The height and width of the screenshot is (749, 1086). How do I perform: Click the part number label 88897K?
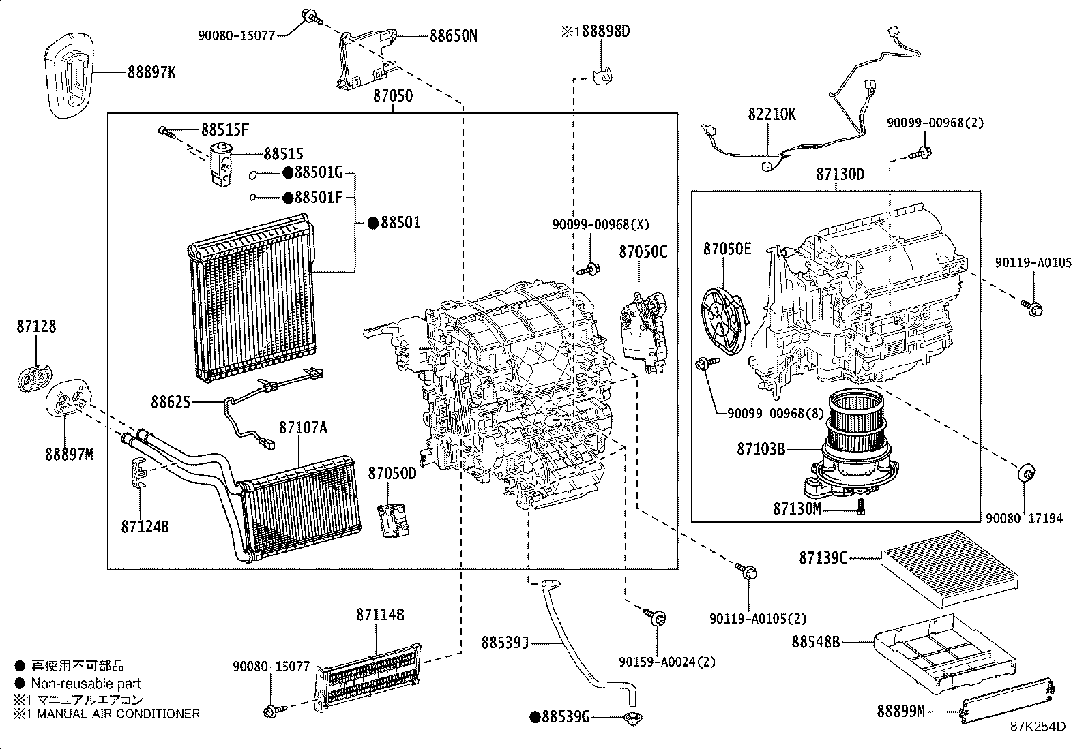click(151, 72)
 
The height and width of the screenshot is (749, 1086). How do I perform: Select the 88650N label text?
click(453, 35)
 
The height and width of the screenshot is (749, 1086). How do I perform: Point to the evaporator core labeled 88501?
click(252, 300)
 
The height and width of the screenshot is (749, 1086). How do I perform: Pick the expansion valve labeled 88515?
click(221, 164)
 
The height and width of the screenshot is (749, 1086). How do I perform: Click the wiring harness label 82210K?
click(771, 114)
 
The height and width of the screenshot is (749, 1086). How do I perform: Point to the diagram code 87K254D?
click(1038, 727)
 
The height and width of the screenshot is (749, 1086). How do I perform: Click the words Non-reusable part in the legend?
click(86, 684)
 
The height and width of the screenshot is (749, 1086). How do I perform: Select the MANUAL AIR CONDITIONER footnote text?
click(115, 714)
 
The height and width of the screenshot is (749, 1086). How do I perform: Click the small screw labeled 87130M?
click(861, 506)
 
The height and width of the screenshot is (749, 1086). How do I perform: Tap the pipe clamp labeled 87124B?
click(140, 472)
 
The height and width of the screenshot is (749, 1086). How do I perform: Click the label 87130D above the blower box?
click(840, 174)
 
